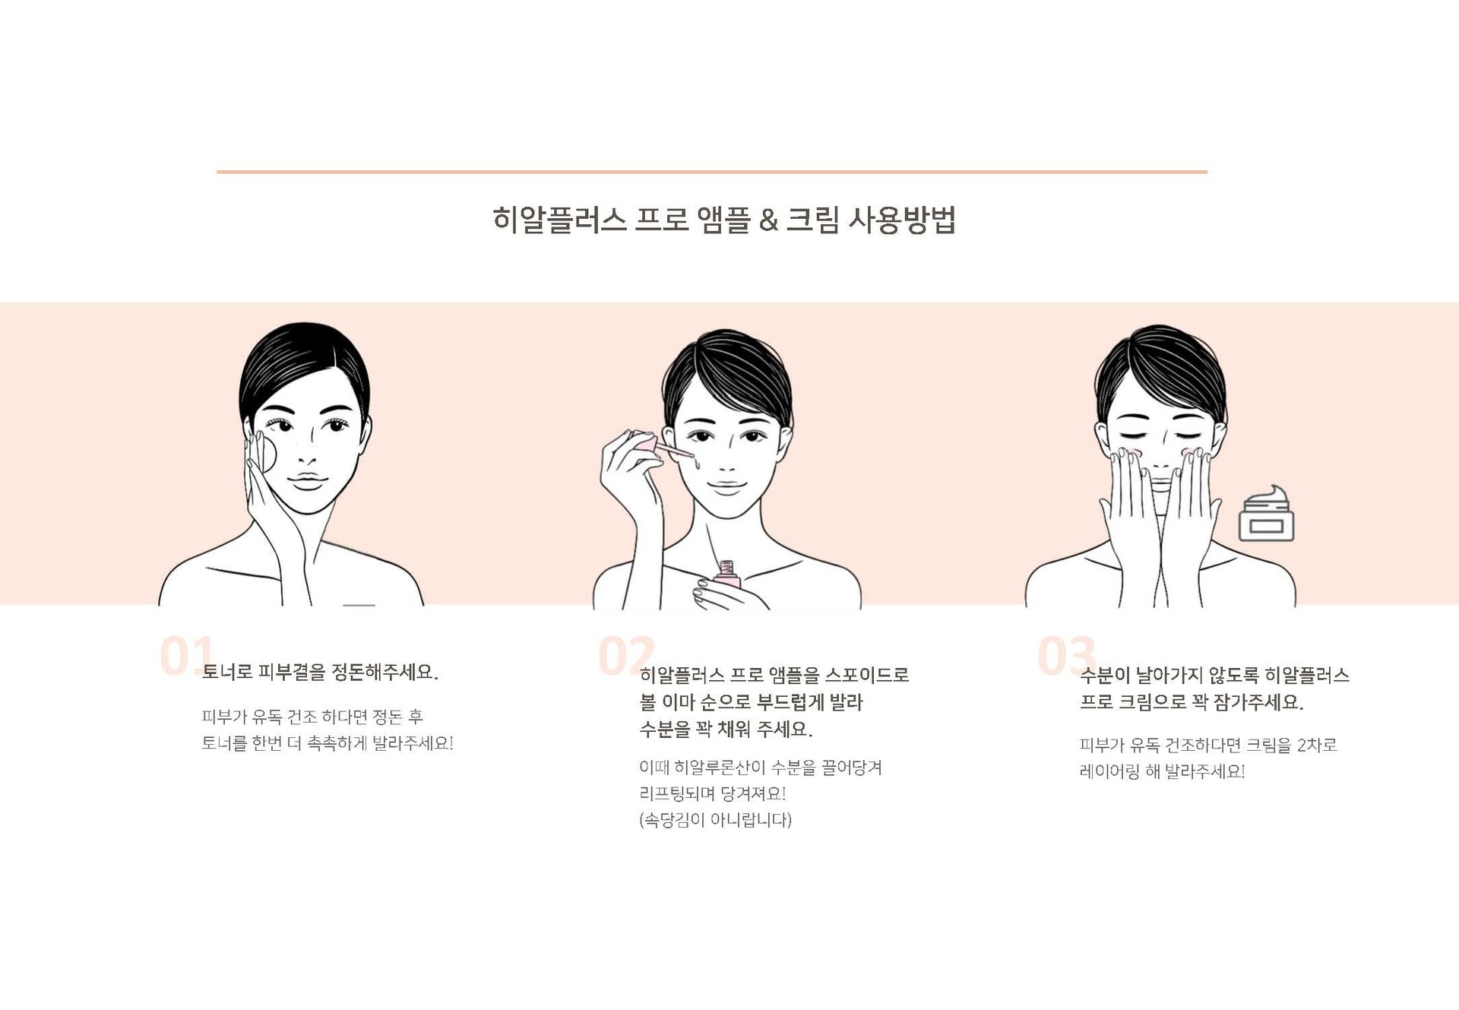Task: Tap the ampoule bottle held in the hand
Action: pos(727,575)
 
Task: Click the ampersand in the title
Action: pos(768,220)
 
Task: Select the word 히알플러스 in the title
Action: pos(559,220)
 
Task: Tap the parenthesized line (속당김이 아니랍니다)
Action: pos(715,820)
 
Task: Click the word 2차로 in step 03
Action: pos(1317,745)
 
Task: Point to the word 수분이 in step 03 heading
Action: pos(1105,675)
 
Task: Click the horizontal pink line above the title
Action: pos(712,172)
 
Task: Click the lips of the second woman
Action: pos(726,485)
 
